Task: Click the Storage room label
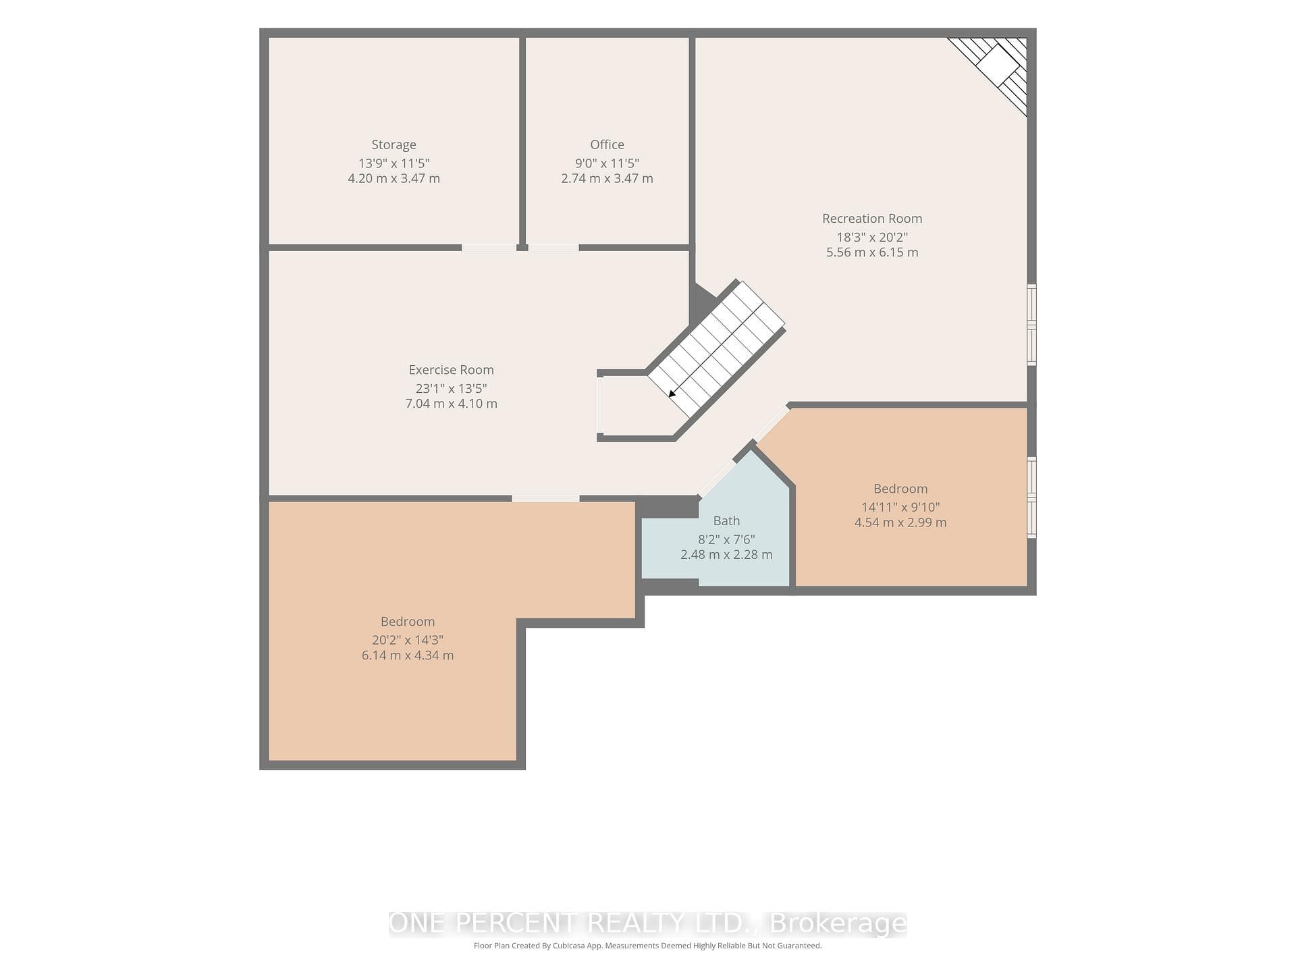click(394, 144)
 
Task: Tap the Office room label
click(607, 144)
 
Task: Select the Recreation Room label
click(872, 218)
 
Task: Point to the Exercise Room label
click(451, 369)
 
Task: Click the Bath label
click(726, 520)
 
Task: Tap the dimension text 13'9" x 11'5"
click(394, 163)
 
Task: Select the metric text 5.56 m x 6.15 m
click(872, 252)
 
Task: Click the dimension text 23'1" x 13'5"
click(451, 388)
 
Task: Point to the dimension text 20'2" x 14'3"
click(408, 640)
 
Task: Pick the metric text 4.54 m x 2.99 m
click(900, 522)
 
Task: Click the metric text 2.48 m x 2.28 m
click(726, 555)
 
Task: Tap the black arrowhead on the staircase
click(672, 394)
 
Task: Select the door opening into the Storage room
click(489, 248)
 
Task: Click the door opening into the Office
click(553, 248)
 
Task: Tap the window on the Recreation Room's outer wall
click(1031, 325)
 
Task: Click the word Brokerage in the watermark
click(838, 923)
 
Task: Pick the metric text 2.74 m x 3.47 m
click(607, 179)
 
